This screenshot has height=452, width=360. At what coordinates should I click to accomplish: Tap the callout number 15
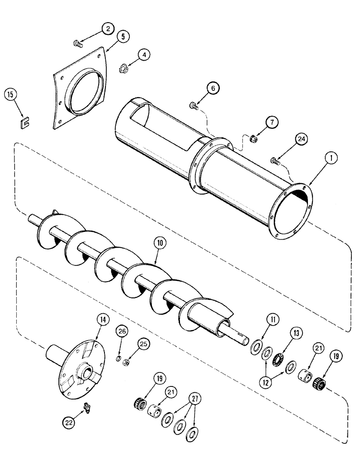[11, 95]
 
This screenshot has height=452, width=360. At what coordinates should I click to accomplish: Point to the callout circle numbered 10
[162, 244]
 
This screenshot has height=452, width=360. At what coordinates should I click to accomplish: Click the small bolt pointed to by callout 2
[77, 44]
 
